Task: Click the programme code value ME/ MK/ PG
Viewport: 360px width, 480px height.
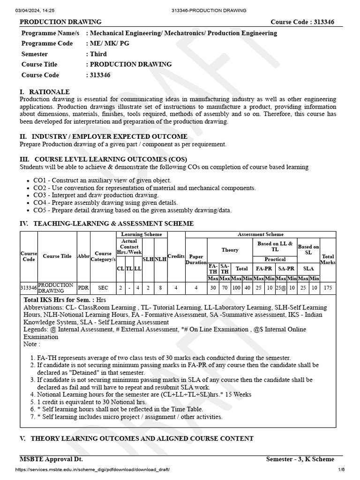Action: pos(111,44)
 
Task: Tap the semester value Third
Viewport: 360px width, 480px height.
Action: pos(98,54)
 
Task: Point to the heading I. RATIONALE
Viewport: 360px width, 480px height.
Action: pos(45,92)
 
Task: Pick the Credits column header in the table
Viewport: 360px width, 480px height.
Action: pos(176,256)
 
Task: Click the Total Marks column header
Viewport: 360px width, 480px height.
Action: pos(328,259)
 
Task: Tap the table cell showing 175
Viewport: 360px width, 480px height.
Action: pos(328,287)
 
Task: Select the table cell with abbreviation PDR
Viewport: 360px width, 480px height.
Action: pos(83,287)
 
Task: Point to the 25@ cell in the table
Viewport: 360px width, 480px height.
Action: pos(280,287)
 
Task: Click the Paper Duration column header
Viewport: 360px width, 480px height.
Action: pos(196,259)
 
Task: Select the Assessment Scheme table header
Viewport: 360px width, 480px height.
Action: pos(261,234)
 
